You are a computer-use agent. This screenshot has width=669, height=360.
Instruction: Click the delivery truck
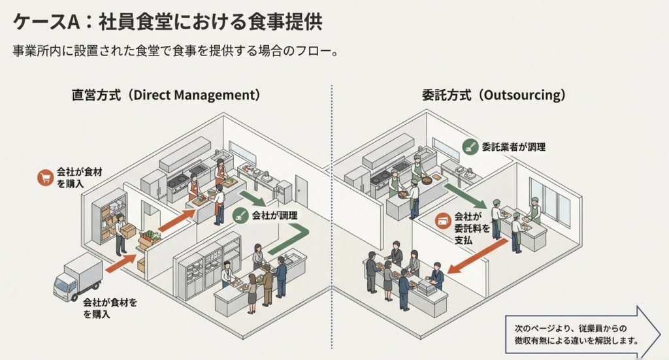pos(78,277)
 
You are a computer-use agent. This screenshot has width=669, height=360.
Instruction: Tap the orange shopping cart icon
pos(45,177)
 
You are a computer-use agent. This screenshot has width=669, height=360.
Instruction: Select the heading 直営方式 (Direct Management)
pos(166,95)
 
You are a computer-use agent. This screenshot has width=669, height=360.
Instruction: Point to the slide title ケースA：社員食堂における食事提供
pos(168,22)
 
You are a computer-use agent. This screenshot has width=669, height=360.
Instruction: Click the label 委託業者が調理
pos(514,148)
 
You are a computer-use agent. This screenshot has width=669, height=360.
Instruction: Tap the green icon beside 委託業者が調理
pos(469,148)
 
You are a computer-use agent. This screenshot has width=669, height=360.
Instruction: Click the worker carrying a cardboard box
pos(122,234)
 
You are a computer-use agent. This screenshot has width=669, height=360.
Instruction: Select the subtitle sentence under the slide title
pos(175,51)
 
